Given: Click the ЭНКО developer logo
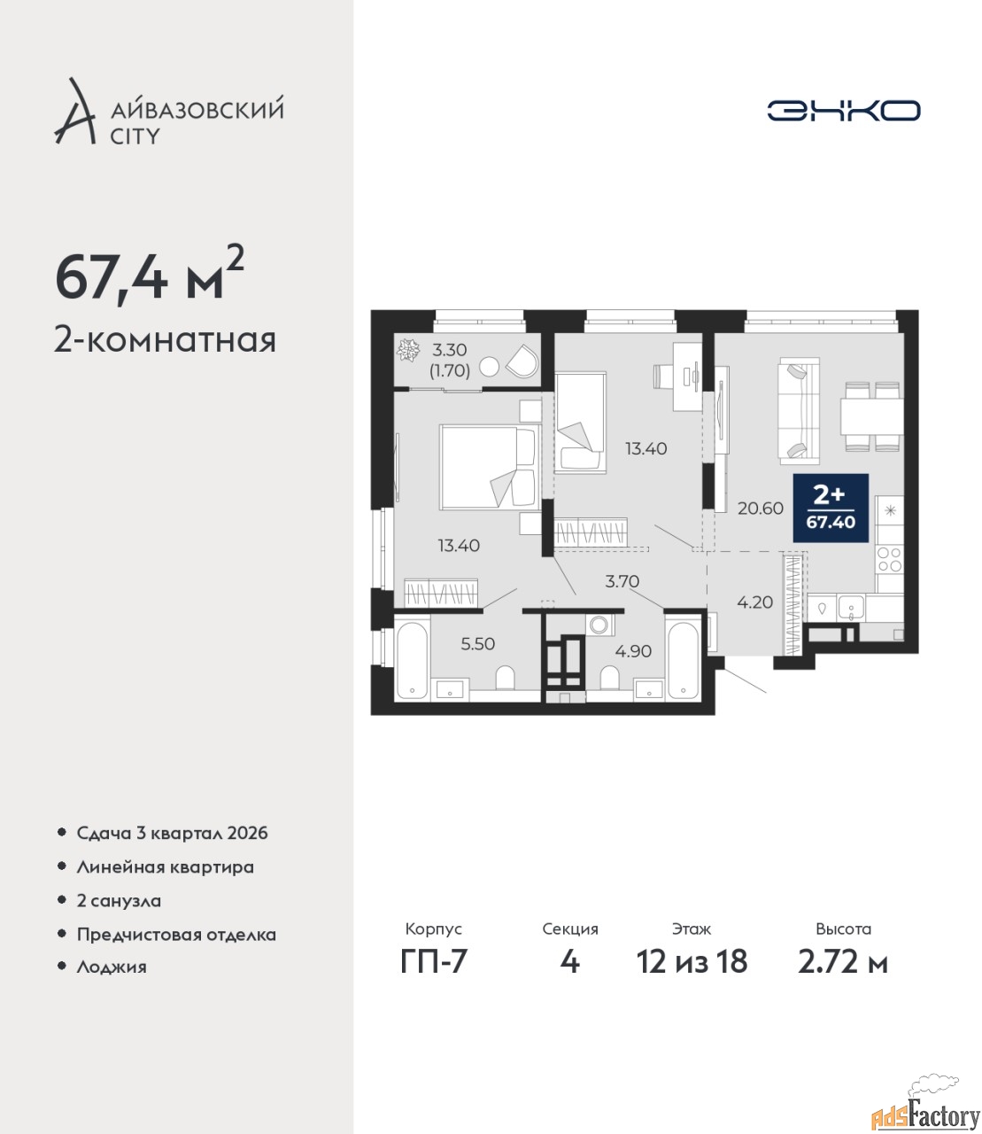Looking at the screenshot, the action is tap(843, 110).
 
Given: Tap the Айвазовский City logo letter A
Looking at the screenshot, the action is tap(74, 112).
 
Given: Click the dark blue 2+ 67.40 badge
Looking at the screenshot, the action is tap(831, 508).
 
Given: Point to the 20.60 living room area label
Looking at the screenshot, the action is tap(760, 509).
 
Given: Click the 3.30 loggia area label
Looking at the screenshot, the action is tap(449, 349).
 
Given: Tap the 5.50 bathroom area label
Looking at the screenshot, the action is tap(477, 643).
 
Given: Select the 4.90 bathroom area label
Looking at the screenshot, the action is tap(633, 651).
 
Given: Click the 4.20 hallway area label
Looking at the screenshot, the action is tap(755, 602).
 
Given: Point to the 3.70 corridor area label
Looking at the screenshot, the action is tap(622, 581).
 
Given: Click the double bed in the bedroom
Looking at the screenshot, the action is tap(487, 468).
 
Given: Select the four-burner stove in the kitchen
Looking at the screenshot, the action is tap(889, 559).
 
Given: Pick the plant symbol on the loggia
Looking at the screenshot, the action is tap(408, 350).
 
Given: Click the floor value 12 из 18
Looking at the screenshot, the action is tap(692, 962).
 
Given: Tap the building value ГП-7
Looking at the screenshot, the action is tap(434, 962).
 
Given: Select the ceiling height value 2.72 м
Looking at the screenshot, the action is tap(843, 962).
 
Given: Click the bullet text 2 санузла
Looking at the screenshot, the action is tap(119, 901).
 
